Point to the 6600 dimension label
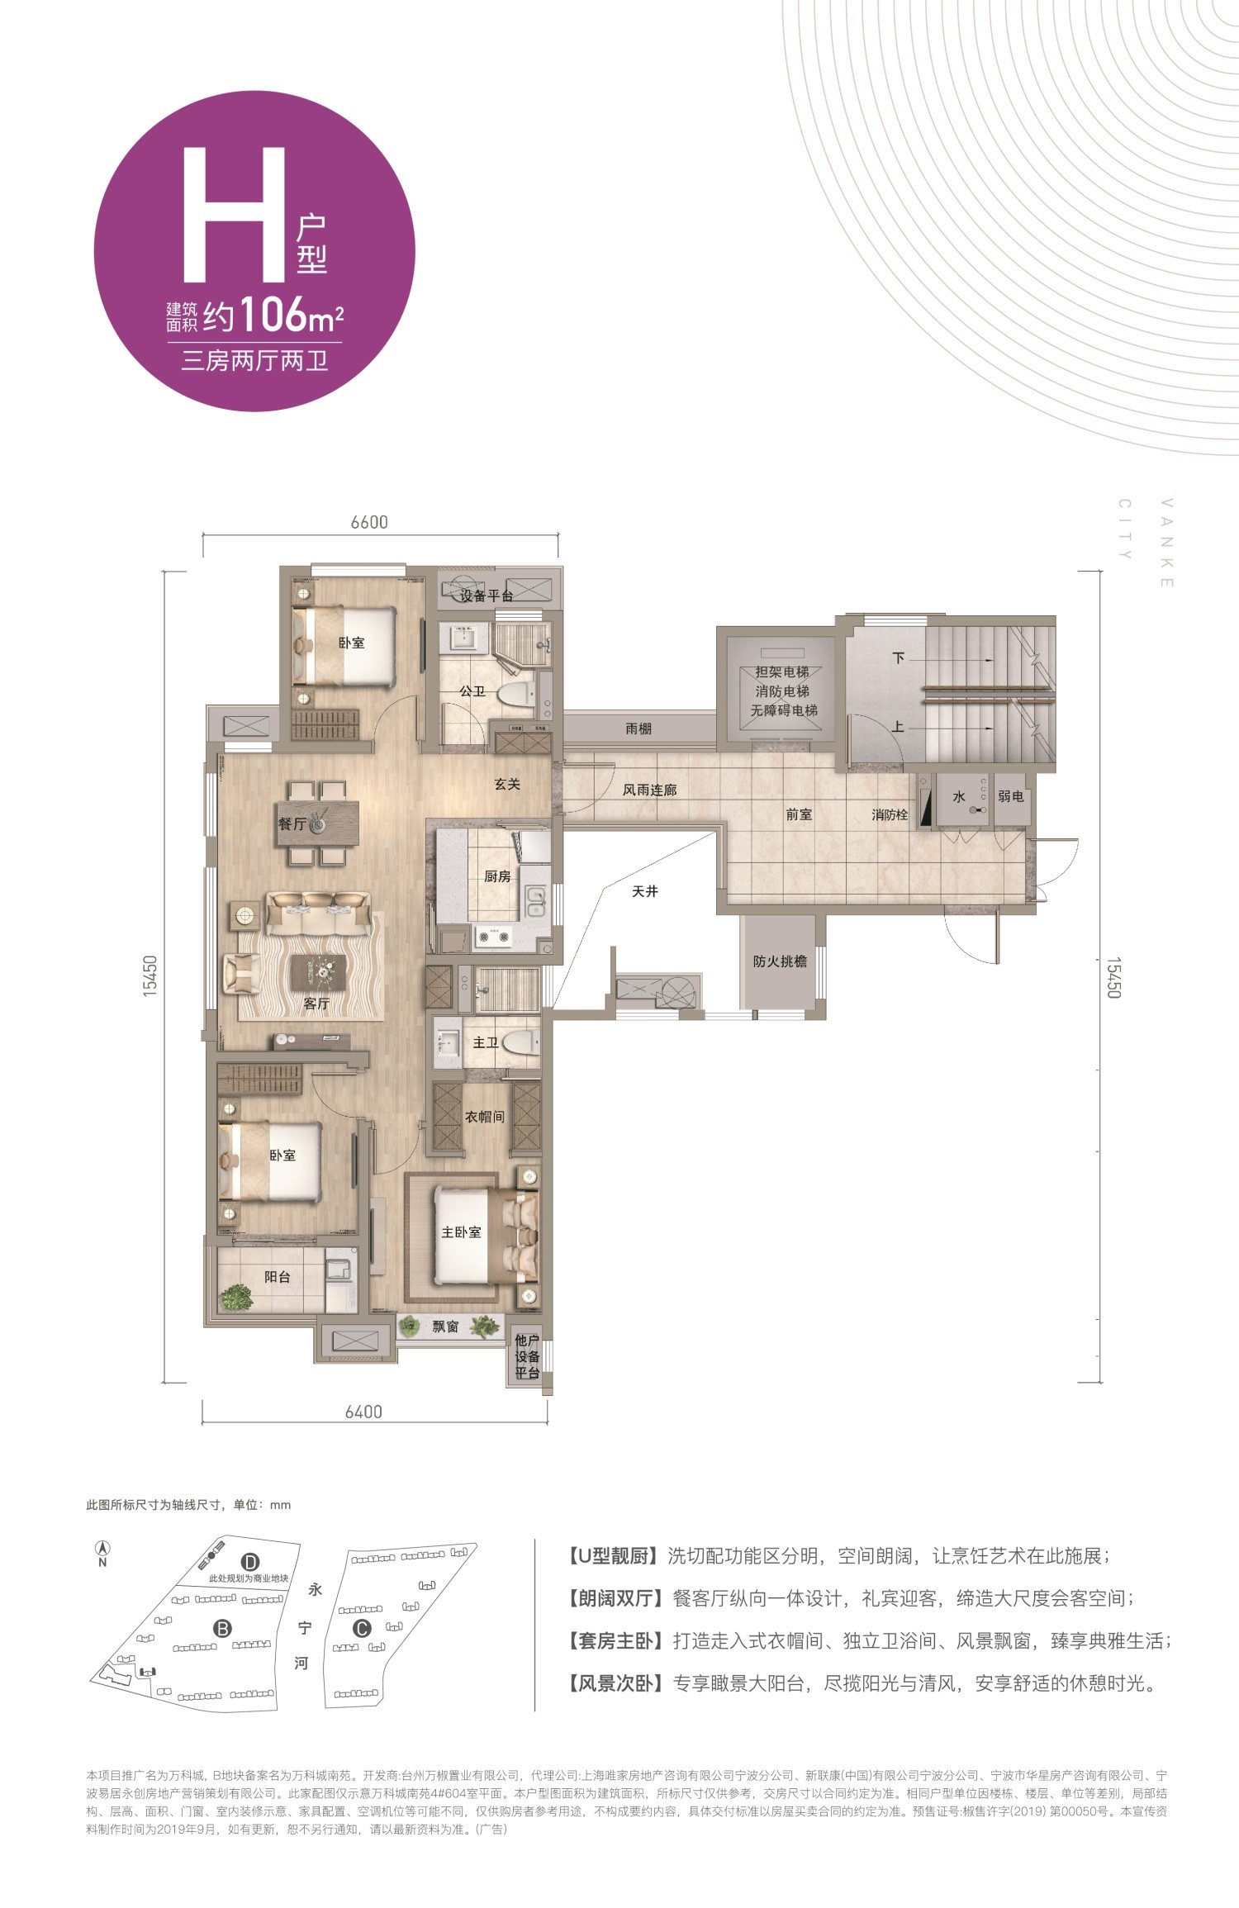tap(368, 522)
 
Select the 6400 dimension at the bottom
tap(363, 1412)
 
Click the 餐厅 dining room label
tap(292, 823)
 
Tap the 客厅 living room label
tap(316, 1004)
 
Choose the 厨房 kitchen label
tap(497, 876)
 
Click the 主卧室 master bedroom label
tap(461, 1232)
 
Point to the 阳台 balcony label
tap(278, 1276)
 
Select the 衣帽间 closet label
tap(484, 1117)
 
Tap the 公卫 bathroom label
tap(473, 691)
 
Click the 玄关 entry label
tap(507, 783)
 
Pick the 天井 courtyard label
tap(645, 891)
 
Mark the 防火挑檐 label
tap(780, 961)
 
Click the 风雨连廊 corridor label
tap(650, 790)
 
